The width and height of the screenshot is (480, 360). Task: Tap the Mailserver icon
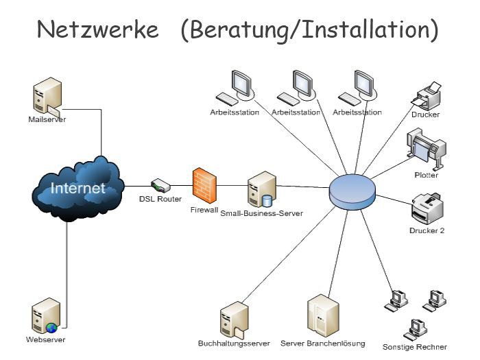click(47, 97)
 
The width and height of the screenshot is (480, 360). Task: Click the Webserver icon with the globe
click(46, 316)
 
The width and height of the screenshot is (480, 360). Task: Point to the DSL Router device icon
click(160, 185)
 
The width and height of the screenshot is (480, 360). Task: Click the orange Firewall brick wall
click(204, 183)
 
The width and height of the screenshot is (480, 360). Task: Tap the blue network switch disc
click(352, 191)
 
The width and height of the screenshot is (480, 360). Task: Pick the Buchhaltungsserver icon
click(232, 318)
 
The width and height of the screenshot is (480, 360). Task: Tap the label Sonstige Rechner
click(414, 347)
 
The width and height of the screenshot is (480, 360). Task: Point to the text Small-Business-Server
click(261, 213)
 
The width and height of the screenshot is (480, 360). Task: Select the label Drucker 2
click(427, 230)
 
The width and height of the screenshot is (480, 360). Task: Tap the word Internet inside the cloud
click(77, 187)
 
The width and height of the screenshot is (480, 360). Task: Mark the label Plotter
click(426, 175)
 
